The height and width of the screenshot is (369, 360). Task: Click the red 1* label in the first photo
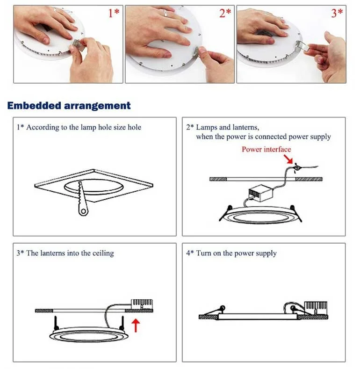(x=114, y=13)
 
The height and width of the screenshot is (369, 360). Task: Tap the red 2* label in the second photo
(x=225, y=13)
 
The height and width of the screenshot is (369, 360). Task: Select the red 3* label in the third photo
(x=337, y=13)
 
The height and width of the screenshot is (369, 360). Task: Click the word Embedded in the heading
(x=34, y=105)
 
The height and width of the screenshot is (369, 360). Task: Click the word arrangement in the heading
(x=97, y=106)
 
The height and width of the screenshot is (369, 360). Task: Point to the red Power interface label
(x=266, y=149)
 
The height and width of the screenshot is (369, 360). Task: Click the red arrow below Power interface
(x=288, y=159)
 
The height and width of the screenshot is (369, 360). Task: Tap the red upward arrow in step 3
(x=136, y=325)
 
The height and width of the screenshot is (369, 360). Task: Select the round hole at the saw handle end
(x=83, y=211)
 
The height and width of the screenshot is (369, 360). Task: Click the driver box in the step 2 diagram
(x=261, y=193)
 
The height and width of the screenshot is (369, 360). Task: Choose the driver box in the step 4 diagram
(x=316, y=308)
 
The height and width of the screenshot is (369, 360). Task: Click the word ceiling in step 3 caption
(x=103, y=253)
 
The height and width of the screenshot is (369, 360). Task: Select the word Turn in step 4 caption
(x=203, y=253)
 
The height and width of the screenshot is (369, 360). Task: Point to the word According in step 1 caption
(x=43, y=128)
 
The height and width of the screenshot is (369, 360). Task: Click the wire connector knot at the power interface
(x=297, y=168)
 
